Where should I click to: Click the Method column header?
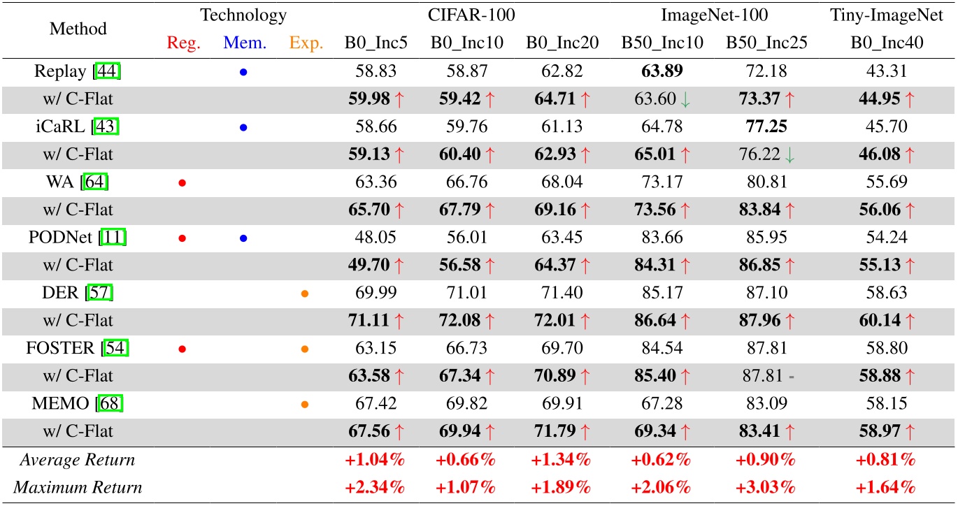point(78,29)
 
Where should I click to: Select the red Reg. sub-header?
point(184,43)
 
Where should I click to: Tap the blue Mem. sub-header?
point(245,43)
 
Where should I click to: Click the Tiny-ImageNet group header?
point(887,15)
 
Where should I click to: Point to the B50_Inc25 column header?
point(767,43)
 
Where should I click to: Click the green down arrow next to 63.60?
point(686,99)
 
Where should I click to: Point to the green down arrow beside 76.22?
point(791,155)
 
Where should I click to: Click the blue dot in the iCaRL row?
point(243,128)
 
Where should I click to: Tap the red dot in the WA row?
point(183,183)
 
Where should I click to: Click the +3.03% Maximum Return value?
point(767,487)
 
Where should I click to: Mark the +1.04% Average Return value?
point(376,460)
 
